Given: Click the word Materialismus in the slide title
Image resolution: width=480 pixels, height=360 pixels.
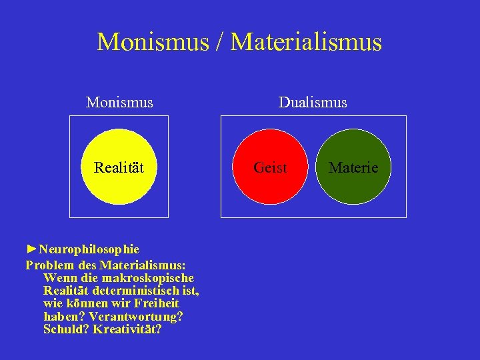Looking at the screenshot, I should click(306, 42).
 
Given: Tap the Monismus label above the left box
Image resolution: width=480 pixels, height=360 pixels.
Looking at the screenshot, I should click(119, 103).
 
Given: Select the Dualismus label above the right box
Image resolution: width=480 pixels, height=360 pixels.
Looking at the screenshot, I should click(313, 103).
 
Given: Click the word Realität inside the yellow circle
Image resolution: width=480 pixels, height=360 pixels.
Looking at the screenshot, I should click(119, 167).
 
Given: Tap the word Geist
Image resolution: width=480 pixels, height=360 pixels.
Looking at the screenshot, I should click(271, 167).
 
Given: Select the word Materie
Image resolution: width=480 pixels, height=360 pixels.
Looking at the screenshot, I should click(353, 167).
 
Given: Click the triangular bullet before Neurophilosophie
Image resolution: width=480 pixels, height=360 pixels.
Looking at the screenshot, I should click(31, 249).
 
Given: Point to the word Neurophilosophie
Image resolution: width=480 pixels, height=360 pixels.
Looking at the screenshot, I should click(89, 249).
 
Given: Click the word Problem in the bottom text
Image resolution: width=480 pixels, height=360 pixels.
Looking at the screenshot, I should click(51, 264).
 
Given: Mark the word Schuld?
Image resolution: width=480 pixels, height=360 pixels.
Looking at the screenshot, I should click(66, 329).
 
